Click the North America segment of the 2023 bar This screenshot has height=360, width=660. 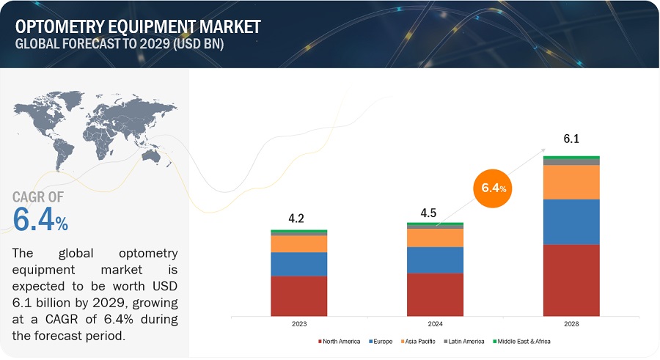(x=298, y=295)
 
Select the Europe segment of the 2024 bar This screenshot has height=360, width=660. (x=435, y=260)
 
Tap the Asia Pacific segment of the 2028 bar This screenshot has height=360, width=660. (x=571, y=182)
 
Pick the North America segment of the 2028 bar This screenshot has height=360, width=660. (x=571, y=279)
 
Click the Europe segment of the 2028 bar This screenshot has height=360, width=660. (x=571, y=221)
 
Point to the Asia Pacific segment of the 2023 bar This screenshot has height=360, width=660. (x=298, y=243)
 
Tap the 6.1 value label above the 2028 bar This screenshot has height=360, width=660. (x=571, y=139)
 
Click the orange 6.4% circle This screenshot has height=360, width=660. (x=494, y=188)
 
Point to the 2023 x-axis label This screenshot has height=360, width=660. (x=298, y=323)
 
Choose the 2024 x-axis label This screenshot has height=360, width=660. (x=435, y=323)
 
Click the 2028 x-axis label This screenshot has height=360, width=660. (x=571, y=323)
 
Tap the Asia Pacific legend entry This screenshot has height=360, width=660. (x=419, y=342)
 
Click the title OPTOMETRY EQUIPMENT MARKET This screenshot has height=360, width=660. (x=138, y=27)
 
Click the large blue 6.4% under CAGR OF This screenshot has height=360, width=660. (x=41, y=219)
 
